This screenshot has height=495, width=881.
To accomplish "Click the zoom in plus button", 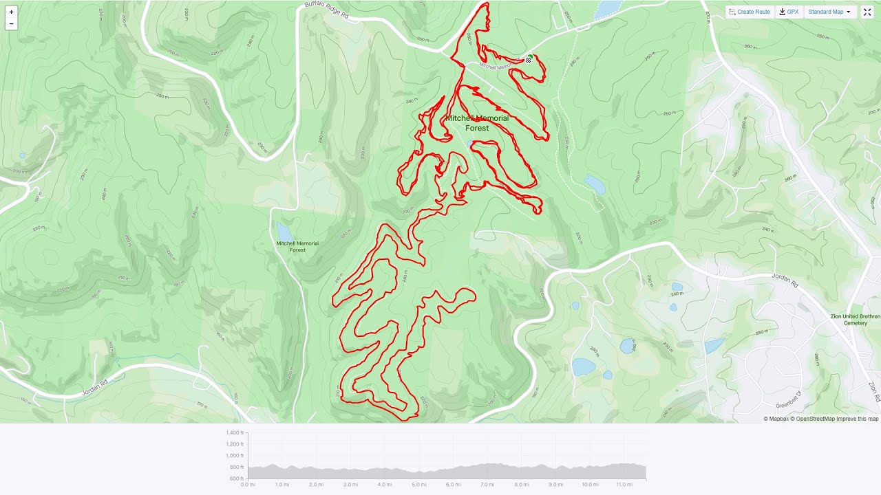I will [11, 12].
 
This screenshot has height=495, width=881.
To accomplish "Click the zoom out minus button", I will [11, 24].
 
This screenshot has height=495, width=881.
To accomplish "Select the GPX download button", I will [789, 12].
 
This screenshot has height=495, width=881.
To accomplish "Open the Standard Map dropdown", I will [829, 12].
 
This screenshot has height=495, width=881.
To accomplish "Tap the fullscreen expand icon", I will [867, 12].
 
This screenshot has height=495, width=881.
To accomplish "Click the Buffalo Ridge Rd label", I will [326, 8].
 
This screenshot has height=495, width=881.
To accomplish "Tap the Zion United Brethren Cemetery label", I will [855, 320].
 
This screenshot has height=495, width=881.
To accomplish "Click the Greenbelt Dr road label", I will [789, 399].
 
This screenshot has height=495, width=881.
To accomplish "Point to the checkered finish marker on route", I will [529, 60].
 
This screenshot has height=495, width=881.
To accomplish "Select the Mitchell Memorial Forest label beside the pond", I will [297, 246].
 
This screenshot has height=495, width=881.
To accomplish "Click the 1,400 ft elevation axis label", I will [235, 433].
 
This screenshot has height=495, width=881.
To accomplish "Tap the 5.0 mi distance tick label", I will [418, 485].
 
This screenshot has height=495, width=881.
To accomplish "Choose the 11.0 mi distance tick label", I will [624, 485].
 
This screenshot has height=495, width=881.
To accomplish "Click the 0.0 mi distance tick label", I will [248, 485].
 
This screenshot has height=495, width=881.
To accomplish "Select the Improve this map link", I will [858, 419].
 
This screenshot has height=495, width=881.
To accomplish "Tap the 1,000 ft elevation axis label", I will [235, 456].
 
